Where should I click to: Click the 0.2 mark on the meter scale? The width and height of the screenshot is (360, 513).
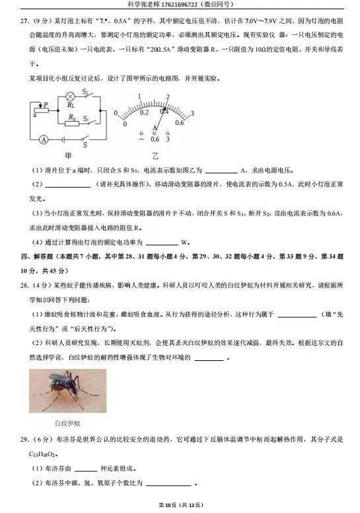click(x=144, y=112)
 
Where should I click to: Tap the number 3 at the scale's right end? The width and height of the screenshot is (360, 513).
click(x=192, y=114)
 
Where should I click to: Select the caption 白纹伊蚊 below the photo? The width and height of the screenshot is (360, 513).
click(x=71, y=423)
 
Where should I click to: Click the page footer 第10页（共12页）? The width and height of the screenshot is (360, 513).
click(x=179, y=506)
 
